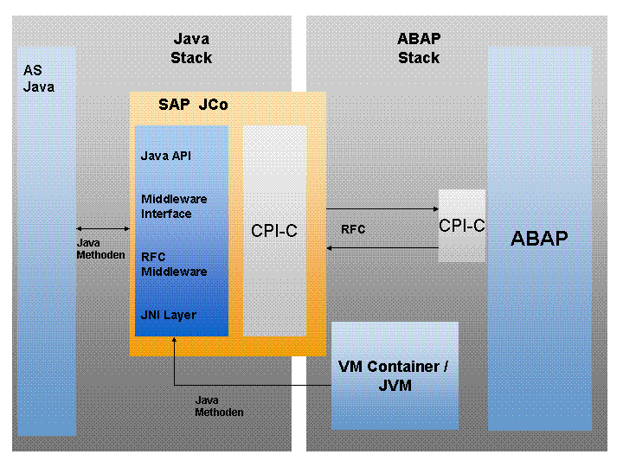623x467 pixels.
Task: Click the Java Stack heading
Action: pos(191,48)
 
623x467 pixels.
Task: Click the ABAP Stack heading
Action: pos(419,48)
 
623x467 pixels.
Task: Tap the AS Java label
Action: pos(38,79)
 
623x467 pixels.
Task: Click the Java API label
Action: pos(165,157)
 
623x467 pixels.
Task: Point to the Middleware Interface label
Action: pos(173,207)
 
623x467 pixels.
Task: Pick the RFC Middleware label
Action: pos(173,264)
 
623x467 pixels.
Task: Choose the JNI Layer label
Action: pos(168,316)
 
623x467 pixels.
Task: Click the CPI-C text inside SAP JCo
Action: pos(274,231)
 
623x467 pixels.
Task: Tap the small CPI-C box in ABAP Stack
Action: pos(461,226)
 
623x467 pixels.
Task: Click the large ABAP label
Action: pos(539,239)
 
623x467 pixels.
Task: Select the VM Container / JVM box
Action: pos(395,375)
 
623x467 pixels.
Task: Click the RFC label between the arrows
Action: pos(353,230)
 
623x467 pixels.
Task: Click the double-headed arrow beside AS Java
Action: pos(103,228)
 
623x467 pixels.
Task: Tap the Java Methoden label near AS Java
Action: pos(101,249)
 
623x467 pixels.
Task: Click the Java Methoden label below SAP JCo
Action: pos(219,406)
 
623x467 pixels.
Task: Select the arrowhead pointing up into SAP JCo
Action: pos(174,344)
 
